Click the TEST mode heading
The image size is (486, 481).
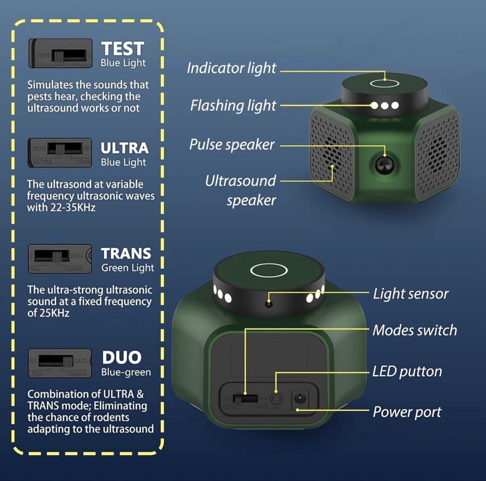(x=123, y=49)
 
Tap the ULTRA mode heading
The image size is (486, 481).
(x=124, y=148)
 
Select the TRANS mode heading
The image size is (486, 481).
(x=126, y=253)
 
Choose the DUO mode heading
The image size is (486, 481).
(x=121, y=358)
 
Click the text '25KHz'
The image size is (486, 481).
(x=55, y=313)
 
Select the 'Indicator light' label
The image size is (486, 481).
(x=231, y=68)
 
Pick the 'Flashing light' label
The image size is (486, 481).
(x=233, y=105)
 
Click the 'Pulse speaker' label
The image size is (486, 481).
(x=232, y=144)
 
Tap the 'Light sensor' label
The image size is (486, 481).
(x=410, y=293)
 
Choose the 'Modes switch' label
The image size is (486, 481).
(x=415, y=331)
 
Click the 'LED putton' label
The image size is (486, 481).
(x=407, y=371)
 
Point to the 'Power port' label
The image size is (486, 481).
(x=407, y=412)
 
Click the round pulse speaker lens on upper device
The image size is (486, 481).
(x=385, y=165)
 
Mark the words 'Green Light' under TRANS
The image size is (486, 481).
(x=128, y=268)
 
